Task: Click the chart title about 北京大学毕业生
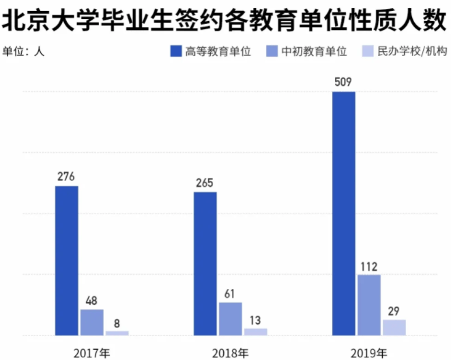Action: (224, 20)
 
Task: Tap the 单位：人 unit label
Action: (25, 51)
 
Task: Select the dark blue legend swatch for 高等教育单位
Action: (175, 51)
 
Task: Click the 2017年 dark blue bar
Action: (66, 260)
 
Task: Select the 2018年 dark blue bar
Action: (205, 263)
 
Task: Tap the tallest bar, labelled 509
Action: (343, 213)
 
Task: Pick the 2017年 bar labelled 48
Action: (91, 322)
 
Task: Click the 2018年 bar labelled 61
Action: (230, 318)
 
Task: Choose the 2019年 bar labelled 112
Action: (368, 305)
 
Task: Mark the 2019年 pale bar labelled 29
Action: (394, 327)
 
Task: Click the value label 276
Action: (66, 177)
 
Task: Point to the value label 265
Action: (205, 182)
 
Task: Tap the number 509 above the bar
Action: (344, 82)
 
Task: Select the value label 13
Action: (255, 319)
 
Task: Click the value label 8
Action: (117, 322)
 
